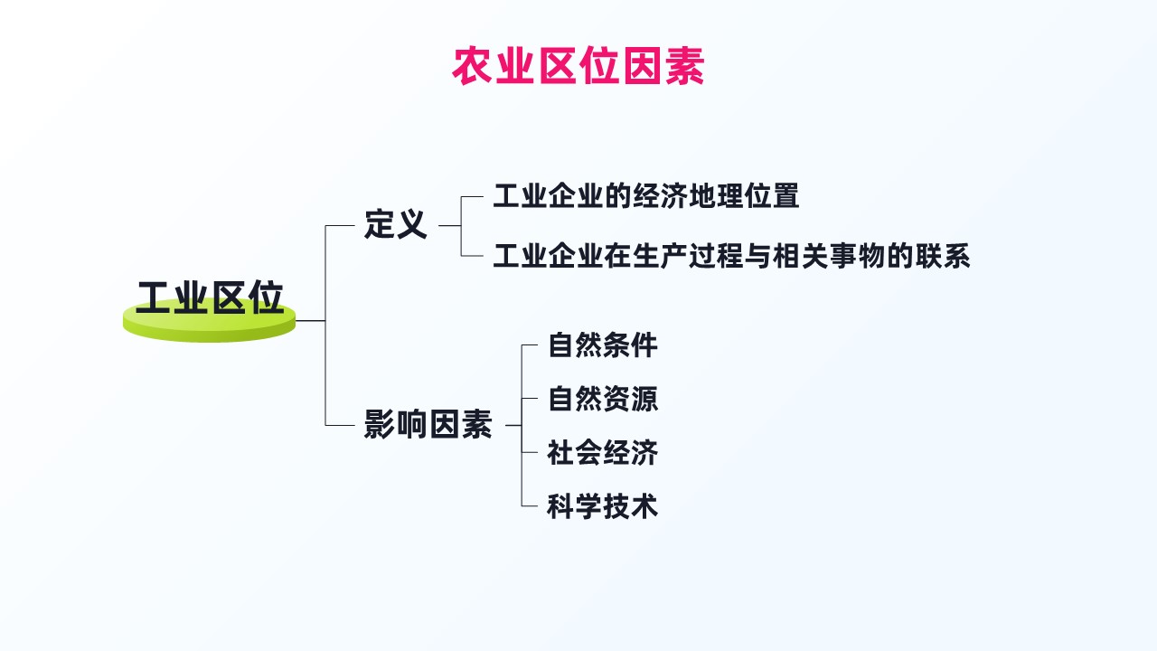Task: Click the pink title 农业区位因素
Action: pos(578,66)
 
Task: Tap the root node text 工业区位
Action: pos(210,297)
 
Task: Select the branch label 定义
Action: pos(396,225)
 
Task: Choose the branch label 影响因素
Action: pos(428,425)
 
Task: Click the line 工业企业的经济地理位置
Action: pos(646,196)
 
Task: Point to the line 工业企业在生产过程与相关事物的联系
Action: pos(731,256)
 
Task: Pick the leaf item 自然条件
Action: pos(603,345)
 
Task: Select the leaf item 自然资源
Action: pos(603,399)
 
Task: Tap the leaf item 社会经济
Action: pos(603,453)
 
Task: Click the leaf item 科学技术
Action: pos(603,506)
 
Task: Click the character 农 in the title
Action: pos(472,66)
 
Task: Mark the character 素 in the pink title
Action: pos(685,66)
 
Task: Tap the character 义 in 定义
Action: pos(411,225)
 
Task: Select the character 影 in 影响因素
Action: pos(380,425)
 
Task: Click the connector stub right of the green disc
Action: pos(310,321)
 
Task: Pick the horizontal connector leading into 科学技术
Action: pos(530,506)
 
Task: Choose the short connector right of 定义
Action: pos(450,225)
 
